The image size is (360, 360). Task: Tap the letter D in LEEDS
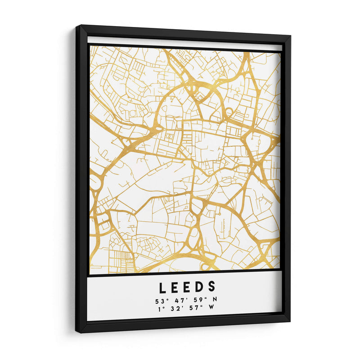point(199,287)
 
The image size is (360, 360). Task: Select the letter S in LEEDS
point(212,287)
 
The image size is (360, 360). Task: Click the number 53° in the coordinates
point(161,299)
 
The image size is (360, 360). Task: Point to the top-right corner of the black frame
point(290,36)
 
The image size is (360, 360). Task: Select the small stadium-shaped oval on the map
point(170,134)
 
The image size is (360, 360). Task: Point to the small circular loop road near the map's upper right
point(229,111)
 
